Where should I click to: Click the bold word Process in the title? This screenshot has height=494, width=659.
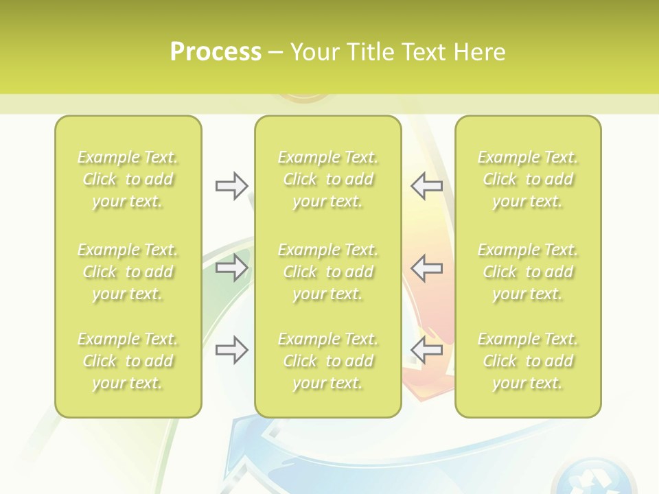(216, 52)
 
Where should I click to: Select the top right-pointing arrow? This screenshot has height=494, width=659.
(231, 186)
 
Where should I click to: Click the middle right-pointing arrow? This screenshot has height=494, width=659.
(231, 268)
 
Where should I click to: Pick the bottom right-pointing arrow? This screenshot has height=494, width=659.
(231, 350)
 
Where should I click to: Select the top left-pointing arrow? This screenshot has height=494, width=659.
(426, 186)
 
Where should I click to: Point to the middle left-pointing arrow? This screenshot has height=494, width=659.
(426, 268)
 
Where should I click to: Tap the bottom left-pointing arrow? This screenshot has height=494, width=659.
(426, 350)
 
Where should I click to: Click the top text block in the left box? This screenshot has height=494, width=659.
(128, 179)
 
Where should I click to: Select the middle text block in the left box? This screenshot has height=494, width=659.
(128, 272)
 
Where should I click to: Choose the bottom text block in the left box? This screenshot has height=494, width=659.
(128, 361)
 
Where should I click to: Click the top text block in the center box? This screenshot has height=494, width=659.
(327, 179)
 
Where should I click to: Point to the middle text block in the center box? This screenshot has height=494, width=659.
(327, 272)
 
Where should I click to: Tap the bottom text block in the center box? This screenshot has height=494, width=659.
(327, 361)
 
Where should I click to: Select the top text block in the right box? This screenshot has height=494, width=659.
(527, 179)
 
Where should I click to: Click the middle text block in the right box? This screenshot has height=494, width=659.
(527, 272)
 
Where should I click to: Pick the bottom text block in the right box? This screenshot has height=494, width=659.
(527, 361)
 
